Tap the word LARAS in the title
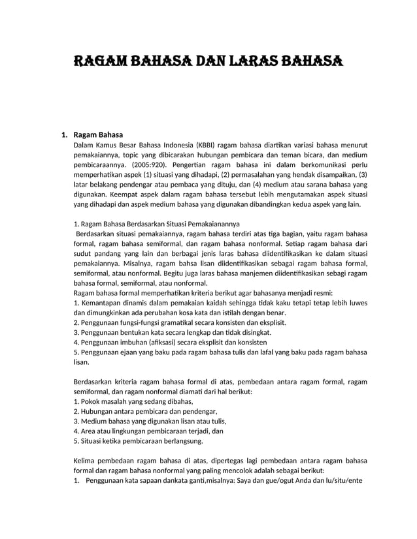(256, 62)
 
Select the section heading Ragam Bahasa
(98, 135)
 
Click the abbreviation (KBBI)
(206, 145)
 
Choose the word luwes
(356, 303)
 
